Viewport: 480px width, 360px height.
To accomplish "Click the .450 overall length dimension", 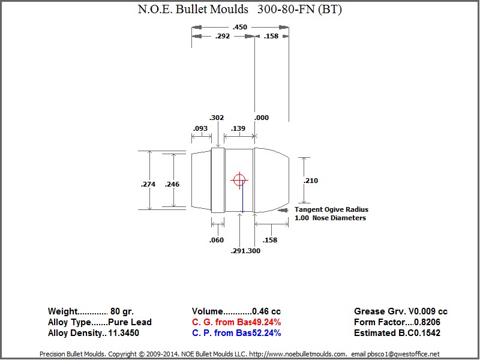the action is [x=239, y=27].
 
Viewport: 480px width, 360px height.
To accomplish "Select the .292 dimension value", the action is [x=223, y=36].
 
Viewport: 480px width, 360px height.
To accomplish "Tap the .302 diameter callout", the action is [x=217, y=118].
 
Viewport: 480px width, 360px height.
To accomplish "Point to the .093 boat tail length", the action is [x=200, y=128].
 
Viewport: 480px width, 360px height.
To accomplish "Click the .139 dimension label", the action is [x=238, y=128].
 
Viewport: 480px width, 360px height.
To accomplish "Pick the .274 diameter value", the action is [x=148, y=184].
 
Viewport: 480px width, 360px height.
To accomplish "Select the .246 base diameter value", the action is [x=172, y=184].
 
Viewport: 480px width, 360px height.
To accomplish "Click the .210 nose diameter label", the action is [x=311, y=181].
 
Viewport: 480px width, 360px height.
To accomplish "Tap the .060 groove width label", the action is [x=217, y=240].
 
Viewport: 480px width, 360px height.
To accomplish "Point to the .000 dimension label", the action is [x=262, y=118].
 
